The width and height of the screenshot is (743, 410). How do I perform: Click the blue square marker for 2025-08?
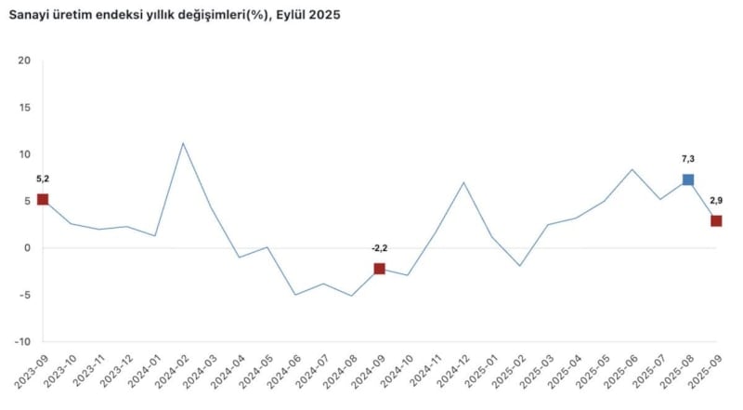[x=688, y=179]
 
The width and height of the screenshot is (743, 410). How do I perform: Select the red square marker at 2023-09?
[x=43, y=199]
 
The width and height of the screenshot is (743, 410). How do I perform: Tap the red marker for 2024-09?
[x=380, y=269]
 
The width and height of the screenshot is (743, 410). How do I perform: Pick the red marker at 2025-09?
[x=716, y=221]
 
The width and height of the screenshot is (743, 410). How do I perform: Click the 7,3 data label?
[x=688, y=159]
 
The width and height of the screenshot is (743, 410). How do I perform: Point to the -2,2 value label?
[x=379, y=248]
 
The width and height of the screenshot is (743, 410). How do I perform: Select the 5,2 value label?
[x=43, y=179]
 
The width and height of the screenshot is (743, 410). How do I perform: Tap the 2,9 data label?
[x=717, y=200]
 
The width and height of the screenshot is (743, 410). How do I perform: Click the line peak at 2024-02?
[x=183, y=143]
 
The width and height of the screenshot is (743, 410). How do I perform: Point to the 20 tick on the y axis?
[x=24, y=61]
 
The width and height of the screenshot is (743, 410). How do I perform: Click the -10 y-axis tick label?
[x=22, y=341]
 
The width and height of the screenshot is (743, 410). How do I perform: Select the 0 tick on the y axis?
[x=28, y=248]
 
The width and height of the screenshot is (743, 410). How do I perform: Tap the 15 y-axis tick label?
[x=24, y=108]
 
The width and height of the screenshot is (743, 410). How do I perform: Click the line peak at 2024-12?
[x=463, y=182]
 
